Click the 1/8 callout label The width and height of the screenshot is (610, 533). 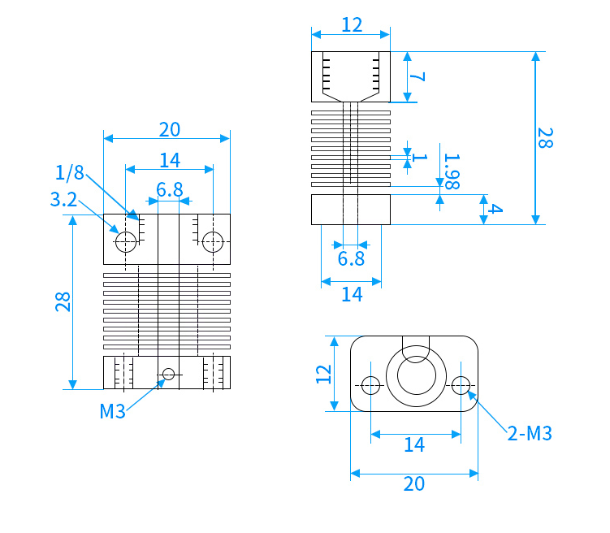pyautogui.click(x=70, y=172)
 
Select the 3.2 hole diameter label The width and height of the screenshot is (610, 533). pyautogui.click(x=64, y=200)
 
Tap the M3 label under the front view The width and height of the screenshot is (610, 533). pyautogui.click(x=112, y=411)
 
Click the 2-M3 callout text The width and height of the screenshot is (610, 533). pyautogui.click(x=530, y=433)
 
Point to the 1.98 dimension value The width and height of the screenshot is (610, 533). pyautogui.click(x=452, y=171)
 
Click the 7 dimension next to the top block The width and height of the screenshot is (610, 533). pyautogui.click(x=417, y=76)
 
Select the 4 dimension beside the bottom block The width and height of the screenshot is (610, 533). pyautogui.click(x=495, y=209)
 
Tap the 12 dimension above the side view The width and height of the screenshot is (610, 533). pyautogui.click(x=352, y=25)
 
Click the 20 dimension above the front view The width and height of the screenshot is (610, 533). pyautogui.click(x=170, y=129)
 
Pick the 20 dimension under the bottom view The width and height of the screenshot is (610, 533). pyautogui.click(x=414, y=484)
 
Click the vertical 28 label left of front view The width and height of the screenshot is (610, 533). pyautogui.click(x=63, y=301)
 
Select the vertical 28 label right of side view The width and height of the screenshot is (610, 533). pyautogui.click(x=545, y=138)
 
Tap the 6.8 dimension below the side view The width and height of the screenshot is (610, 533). pyautogui.click(x=351, y=258)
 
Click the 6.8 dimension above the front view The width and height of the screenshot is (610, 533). pyautogui.click(x=170, y=190)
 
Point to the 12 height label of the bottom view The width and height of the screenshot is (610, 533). pyautogui.click(x=323, y=375)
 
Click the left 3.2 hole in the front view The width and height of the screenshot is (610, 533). pyautogui.click(x=126, y=242)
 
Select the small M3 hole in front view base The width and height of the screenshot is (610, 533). pyautogui.click(x=168, y=375)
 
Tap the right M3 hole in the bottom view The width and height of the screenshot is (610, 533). pyautogui.click(x=461, y=385)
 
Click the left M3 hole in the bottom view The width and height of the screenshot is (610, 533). pyautogui.click(x=370, y=385)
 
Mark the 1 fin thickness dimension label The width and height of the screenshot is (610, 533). pyautogui.click(x=419, y=157)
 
